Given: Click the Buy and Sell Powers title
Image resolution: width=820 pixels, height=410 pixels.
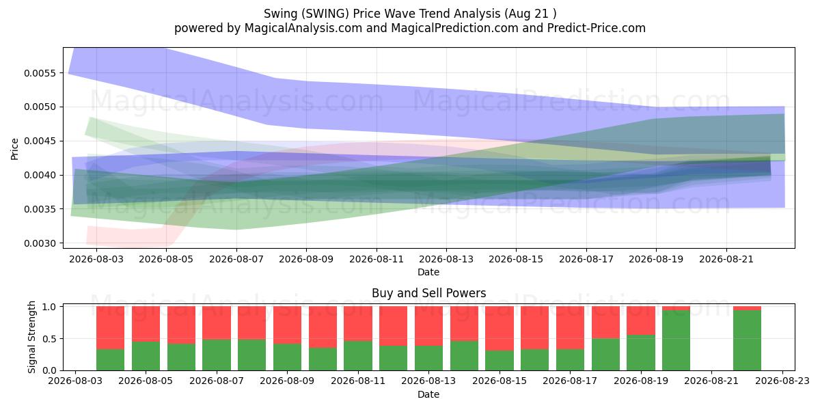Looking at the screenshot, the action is [428, 293].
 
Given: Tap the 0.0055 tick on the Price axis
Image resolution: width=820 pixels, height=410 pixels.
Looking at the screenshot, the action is [40, 73].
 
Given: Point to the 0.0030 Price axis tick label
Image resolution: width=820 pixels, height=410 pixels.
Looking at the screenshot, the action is [40, 243].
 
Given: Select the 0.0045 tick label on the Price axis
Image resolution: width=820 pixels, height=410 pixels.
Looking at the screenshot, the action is [40, 141].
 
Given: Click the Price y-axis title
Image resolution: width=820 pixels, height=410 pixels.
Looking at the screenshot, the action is [14, 150].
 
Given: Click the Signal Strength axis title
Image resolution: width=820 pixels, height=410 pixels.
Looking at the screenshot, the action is [32, 337].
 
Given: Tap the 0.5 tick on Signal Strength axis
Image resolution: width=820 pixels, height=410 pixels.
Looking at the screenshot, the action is [49, 339].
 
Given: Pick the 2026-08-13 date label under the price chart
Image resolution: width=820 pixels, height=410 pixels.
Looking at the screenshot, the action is [446, 259].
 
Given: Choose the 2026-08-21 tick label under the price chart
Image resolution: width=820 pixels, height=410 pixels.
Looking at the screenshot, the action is [726, 259].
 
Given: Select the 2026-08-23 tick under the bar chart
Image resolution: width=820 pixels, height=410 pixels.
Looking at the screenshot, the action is [782, 381].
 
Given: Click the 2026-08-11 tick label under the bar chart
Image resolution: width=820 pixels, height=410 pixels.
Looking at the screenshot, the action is [358, 381].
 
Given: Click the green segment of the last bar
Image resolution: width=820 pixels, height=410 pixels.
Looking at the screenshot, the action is [747, 340].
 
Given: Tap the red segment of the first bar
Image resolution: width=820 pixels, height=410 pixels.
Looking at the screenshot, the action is [110, 328].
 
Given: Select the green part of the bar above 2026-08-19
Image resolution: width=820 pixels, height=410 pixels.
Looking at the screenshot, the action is [641, 353].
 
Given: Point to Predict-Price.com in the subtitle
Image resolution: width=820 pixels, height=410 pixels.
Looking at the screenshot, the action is [597, 28].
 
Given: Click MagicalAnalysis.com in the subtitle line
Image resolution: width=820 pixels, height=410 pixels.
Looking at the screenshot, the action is [303, 28].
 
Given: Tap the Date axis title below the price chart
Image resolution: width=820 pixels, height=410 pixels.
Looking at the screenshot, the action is [428, 273].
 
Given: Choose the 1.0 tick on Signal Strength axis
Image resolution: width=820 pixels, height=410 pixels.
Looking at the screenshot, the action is [49, 307].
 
